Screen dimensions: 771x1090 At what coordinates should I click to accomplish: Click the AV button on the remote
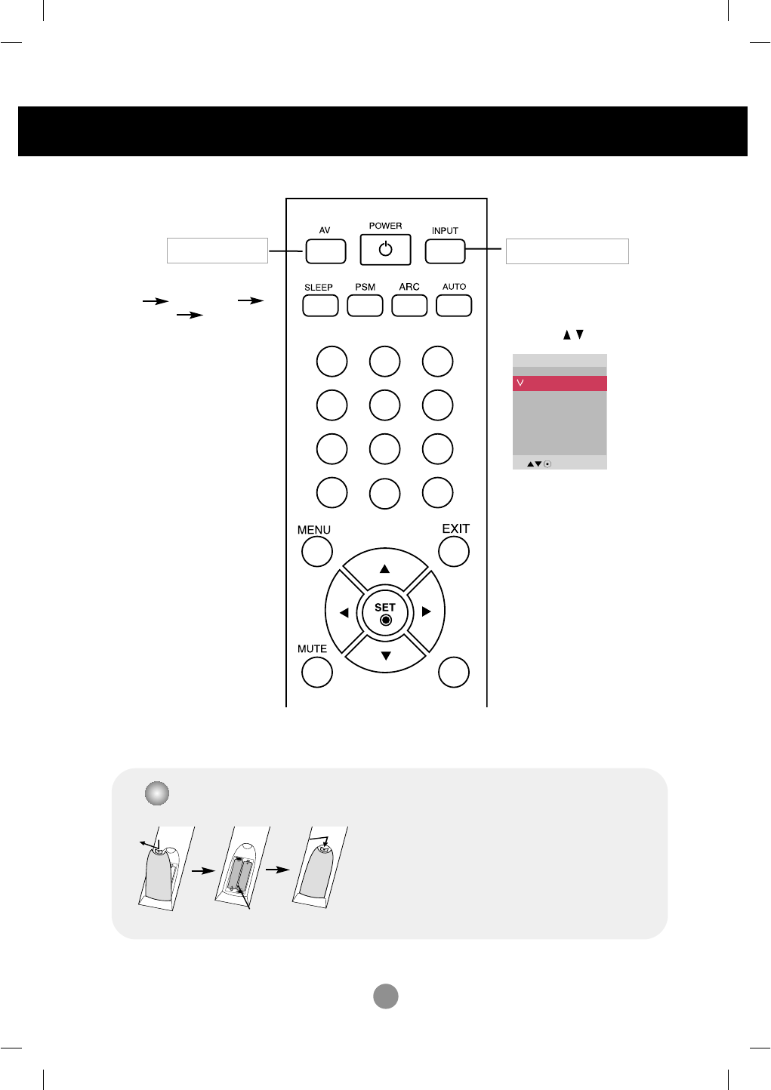(x=325, y=251)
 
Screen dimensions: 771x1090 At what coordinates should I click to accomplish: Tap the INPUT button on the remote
(x=445, y=251)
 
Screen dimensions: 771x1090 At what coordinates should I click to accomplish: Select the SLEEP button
(x=320, y=305)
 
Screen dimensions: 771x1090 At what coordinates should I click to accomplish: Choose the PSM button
(x=365, y=305)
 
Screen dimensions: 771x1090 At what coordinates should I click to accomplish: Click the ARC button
(x=409, y=305)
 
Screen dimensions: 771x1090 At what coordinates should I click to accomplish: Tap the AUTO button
(x=454, y=305)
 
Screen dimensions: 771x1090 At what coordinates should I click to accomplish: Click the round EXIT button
(x=454, y=552)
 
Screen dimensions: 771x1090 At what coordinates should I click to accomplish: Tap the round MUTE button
(x=317, y=672)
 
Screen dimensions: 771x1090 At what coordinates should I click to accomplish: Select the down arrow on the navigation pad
(x=385, y=655)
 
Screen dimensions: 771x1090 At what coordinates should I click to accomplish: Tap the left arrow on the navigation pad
(x=344, y=612)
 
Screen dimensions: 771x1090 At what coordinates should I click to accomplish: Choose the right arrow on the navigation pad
(x=427, y=612)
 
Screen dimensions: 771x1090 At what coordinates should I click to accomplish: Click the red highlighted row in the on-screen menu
(x=560, y=383)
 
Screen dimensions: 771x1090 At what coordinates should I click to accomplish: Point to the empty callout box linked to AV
(x=217, y=251)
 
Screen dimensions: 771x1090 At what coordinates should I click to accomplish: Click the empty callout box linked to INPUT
(x=567, y=251)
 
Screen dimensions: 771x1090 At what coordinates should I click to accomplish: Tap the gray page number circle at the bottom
(x=386, y=996)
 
